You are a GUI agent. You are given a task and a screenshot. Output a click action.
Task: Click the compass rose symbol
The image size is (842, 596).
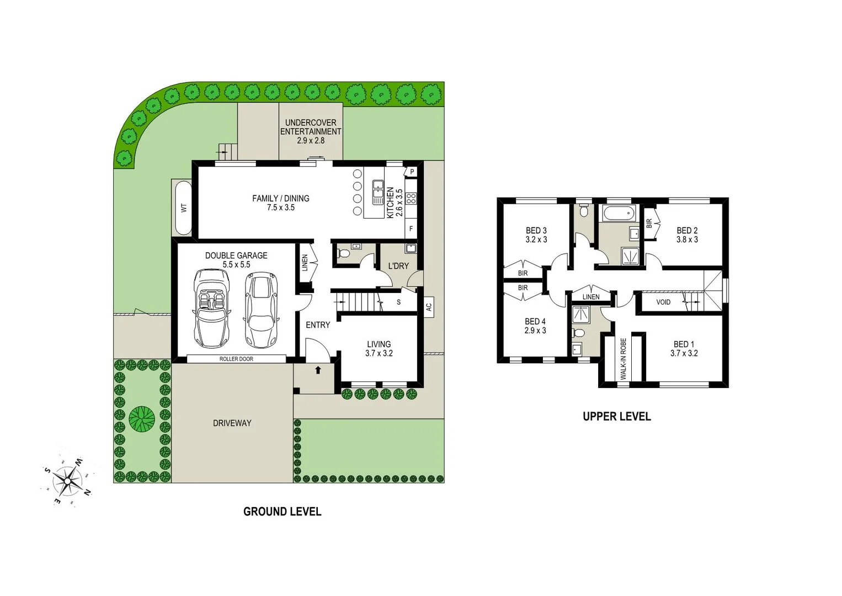pos(67,481)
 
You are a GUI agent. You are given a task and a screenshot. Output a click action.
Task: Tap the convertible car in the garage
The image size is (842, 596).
pos(212,308)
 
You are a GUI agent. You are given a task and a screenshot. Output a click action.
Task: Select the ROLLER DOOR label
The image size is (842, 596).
pos(236,359)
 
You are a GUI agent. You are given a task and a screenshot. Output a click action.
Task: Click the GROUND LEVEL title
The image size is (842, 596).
pos(282,512)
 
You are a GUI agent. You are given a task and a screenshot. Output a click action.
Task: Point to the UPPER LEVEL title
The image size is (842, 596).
pos(616,417)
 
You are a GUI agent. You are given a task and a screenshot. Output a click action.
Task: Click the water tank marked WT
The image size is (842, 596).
pos(183,208)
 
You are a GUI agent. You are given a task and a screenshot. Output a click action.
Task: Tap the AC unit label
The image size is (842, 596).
pos(429,307)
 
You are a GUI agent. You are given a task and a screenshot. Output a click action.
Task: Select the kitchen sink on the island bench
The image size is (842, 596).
pos(378,191)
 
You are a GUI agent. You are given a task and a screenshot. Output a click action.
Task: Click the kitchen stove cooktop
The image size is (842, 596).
pos(411,198)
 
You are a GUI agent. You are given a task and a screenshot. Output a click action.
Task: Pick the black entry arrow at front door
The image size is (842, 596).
pos(318,370)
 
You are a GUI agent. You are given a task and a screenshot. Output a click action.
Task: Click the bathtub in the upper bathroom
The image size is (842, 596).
pos(618,213)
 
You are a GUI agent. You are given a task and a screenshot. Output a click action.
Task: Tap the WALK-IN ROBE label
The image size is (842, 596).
pos(623,359)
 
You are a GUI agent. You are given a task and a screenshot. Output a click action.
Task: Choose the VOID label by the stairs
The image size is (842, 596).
pos(663,302)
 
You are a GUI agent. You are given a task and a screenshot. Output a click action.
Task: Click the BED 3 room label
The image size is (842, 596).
pos(536,231)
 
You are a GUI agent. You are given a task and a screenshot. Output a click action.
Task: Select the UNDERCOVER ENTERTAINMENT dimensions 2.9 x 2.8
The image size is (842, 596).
pos(311,141)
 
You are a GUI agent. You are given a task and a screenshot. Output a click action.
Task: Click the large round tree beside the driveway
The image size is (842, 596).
pos(142,419)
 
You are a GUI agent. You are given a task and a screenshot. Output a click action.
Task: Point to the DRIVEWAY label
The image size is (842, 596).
pos(232,423)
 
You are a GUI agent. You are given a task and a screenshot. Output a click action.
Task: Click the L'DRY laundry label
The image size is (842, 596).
pos(398,266)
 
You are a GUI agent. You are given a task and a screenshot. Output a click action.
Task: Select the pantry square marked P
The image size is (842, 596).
pos(412,172)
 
